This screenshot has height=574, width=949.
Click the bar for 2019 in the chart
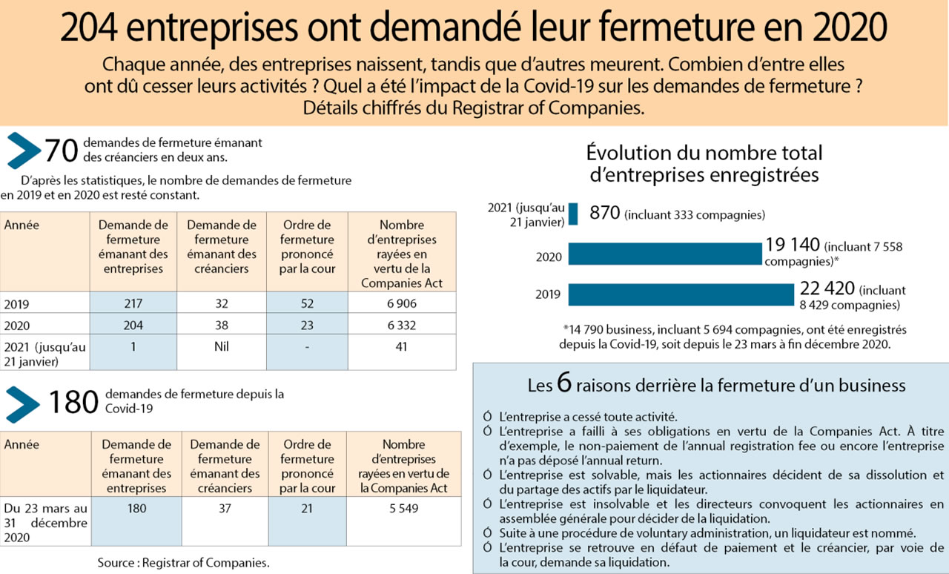[x=681, y=294]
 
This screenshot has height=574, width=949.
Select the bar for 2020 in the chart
[x=665, y=254]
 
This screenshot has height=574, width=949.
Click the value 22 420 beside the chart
[x=827, y=289]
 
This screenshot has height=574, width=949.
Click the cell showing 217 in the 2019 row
[x=133, y=303]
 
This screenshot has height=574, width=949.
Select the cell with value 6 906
[x=401, y=303]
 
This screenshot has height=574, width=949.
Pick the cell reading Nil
[x=222, y=346]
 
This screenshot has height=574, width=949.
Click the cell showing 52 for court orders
[x=306, y=303]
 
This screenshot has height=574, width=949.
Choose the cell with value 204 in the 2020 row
[x=133, y=325]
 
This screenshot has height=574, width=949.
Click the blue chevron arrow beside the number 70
[x=23, y=151]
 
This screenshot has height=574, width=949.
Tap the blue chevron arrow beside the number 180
[x=23, y=403]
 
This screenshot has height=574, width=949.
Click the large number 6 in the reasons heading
[x=564, y=385]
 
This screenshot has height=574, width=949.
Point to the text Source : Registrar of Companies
[x=183, y=563]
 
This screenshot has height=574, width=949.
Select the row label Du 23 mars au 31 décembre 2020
[x=45, y=523]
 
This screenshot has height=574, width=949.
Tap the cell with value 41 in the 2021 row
[x=401, y=346]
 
